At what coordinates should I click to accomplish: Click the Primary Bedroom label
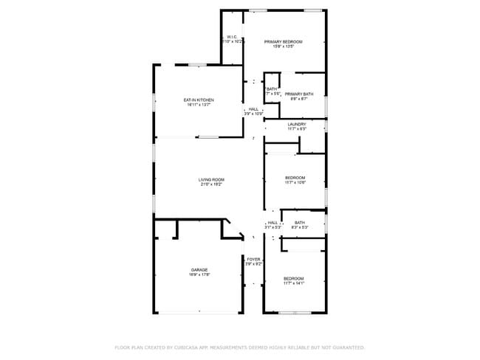pyautogui.click(x=284, y=42)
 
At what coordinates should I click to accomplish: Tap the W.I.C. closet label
pyautogui.click(x=231, y=37)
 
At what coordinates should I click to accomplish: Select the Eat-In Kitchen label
pyautogui.click(x=199, y=100)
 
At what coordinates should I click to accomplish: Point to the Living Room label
pyautogui.click(x=211, y=179)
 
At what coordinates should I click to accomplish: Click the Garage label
pyautogui.click(x=199, y=270)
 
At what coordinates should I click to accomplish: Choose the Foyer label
pyautogui.click(x=253, y=259)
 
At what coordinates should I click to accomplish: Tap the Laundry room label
pyautogui.click(x=297, y=124)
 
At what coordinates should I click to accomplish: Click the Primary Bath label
pyautogui.click(x=299, y=94)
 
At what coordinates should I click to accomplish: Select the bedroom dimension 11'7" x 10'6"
pyautogui.click(x=295, y=183)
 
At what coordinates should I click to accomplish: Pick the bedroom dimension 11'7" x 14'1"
pyautogui.click(x=294, y=283)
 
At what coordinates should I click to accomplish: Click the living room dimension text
pyautogui.click(x=211, y=184)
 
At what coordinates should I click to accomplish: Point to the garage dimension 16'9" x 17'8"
pyautogui.click(x=199, y=275)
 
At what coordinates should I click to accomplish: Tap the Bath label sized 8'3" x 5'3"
pyautogui.click(x=299, y=223)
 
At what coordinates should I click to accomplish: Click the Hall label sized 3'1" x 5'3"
pyautogui.click(x=272, y=223)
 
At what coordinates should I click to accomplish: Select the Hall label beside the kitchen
pyautogui.click(x=253, y=109)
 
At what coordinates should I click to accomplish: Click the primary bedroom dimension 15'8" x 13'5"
pyautogui.click(x=284, y=47)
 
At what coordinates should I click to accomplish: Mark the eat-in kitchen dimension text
pyautogui.click(x=199, y=105)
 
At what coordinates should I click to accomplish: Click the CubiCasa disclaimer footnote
pyautogui.click(x=239, y=347)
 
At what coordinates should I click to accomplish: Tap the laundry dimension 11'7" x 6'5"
pyautogui.click(x=297, y=129)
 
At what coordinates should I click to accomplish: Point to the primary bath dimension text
pyautogui.click(x=299, y=100)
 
